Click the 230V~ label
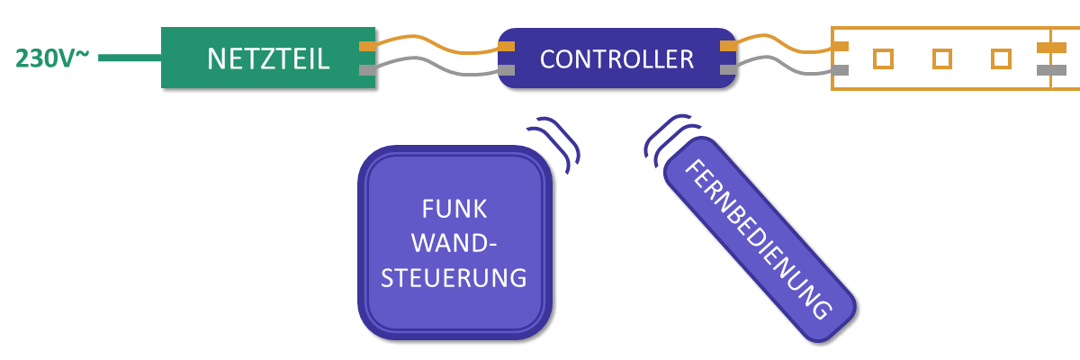pos(52,58)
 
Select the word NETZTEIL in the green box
pos(268,59)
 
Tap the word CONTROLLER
pos(616,59)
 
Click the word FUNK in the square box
pos(454,209)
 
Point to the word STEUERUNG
pos(454,278)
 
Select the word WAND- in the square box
pos(454,243)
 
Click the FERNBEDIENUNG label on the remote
pos(759,239)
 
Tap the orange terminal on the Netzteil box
pos(367,46)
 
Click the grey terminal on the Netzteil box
pos(367,70)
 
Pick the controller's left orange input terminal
pos(506,46)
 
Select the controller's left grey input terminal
pos(506,70)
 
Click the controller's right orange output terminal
pos(728,46)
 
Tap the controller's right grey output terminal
pos(728,70)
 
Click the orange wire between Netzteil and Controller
pos(436,44)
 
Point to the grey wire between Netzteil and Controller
pos(436,67)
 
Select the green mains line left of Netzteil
pos(130,58)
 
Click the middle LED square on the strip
pos(942,58)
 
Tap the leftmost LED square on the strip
pos(883,58)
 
